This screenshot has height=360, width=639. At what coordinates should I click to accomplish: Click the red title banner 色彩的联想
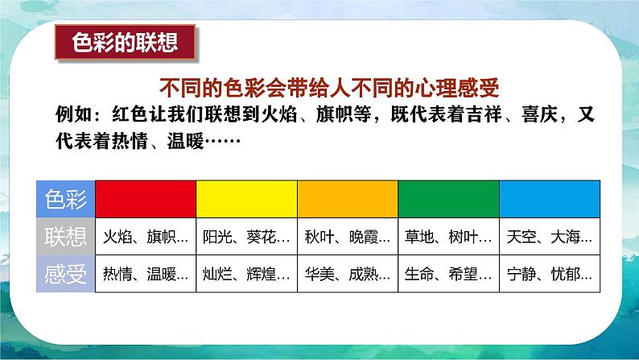pos(125,43)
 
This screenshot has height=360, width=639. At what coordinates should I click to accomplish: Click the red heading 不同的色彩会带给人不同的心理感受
pos(329,88)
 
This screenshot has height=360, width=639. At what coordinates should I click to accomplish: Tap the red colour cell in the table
pos(146,199)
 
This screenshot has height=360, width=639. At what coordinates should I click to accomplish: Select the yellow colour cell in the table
pos(246,199)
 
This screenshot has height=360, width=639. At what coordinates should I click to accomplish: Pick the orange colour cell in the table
pos(348,199)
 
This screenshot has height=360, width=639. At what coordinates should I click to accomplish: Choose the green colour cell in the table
pos(449,199)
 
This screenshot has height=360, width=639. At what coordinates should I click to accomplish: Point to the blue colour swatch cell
pos(550,199)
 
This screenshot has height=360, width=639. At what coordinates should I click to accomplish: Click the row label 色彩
pos(66,199)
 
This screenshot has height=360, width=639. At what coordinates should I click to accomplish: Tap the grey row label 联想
pos(66,237)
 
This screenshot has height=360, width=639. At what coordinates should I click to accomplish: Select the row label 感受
pos(66,274)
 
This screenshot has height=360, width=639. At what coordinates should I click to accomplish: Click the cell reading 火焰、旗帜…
pos(146,237)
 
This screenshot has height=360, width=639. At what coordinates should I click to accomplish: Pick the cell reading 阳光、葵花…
pos(246,237)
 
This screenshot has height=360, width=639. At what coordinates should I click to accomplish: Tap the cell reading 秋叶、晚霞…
pos(348,237)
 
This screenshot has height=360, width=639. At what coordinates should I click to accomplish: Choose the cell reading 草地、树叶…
pos(449,237)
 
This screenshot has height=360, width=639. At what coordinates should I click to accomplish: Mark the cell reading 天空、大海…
pos(550,237)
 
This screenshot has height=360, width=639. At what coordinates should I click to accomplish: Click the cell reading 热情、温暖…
pos(146,274)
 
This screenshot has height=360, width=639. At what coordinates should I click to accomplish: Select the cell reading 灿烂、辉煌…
pos(246,274)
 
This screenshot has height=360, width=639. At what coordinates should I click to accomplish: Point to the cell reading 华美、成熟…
pos(348,274)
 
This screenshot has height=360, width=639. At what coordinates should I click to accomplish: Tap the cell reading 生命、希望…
pos(449,274)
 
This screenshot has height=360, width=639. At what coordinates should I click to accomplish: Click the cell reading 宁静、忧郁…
pos(550,274)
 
